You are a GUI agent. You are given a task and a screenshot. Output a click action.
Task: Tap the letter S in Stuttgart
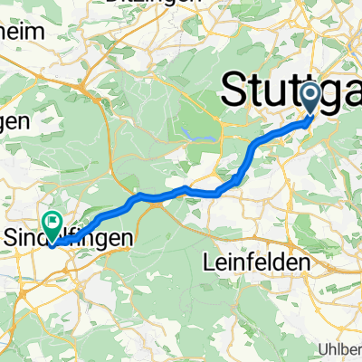(x=233, y=90)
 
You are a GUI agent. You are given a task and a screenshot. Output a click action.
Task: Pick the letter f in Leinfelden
(x=255, y=260)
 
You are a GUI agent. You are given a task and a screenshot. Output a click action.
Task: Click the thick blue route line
(x=181, y=190)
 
